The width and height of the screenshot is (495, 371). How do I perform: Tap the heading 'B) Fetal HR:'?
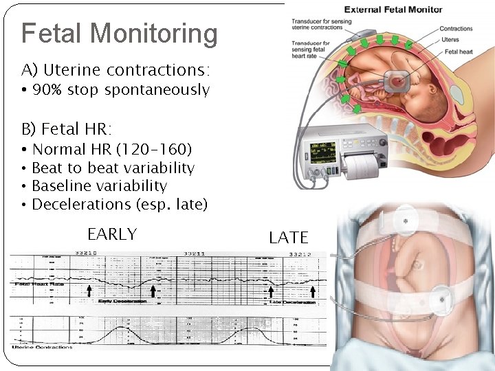point(67,128)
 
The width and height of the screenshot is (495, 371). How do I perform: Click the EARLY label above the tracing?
point(112,234)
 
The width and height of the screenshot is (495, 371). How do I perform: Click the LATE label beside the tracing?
point(289,238)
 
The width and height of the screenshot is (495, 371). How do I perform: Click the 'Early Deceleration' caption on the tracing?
point(124,302)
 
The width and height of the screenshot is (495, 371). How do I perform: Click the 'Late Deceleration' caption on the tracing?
point(292,302)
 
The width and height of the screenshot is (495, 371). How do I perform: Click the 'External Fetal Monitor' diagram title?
point(393,10)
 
